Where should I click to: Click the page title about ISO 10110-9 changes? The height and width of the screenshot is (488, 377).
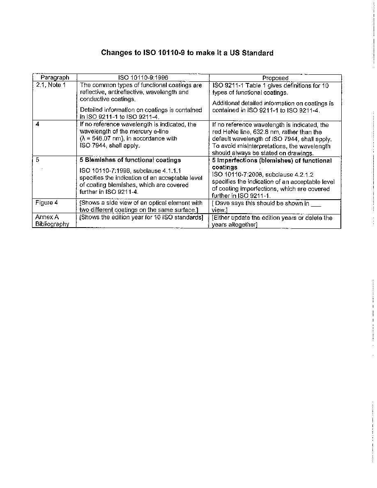[x=187, y=53]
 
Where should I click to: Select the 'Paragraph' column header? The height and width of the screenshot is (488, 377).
[x=55, y=78]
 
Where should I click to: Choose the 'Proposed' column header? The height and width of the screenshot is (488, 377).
[x=275, y=78]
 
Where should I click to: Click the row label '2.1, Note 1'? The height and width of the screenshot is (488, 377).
[x=51, y=85]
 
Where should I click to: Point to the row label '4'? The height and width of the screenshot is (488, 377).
[x=37, y=124]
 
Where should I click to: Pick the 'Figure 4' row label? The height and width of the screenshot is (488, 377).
[x=44, y=203]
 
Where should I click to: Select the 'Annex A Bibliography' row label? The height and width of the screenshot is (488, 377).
[x=52, y=221]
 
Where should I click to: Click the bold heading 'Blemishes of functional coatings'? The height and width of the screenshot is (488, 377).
[x=133, y=160]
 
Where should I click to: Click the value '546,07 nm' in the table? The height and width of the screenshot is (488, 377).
[x=99, y=138]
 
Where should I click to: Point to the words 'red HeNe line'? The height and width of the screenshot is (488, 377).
[x=229, y=132]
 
